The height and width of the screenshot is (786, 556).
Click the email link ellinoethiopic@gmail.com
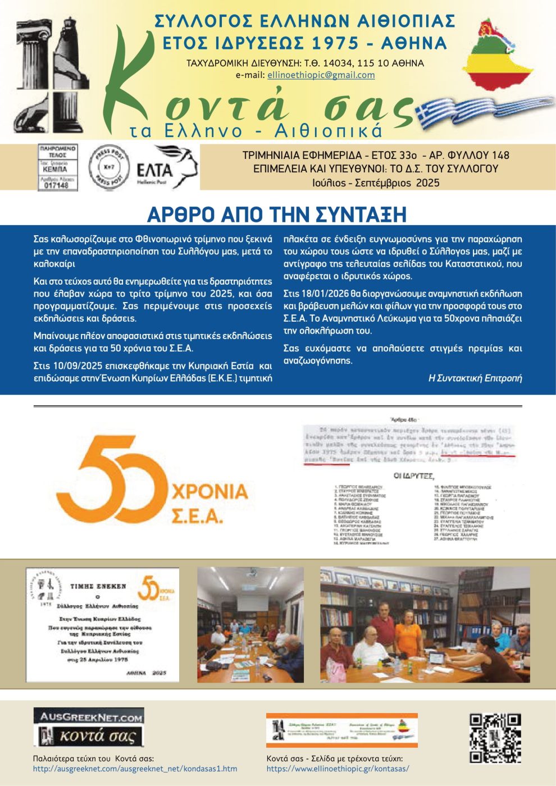point(321,75)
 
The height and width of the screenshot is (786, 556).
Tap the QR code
point(495,738)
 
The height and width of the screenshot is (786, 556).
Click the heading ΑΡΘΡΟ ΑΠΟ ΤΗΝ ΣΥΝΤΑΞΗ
point(277,214)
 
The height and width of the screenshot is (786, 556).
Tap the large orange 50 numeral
point(112,478)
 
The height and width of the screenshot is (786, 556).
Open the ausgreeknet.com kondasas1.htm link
point(135,769)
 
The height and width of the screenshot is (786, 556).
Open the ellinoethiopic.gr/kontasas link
point(338,769)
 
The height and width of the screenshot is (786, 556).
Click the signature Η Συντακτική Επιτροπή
point(475,378)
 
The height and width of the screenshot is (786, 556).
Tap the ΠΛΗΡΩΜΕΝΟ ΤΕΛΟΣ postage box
point(58,167)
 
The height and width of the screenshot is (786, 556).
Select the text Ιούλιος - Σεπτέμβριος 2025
point(376,182)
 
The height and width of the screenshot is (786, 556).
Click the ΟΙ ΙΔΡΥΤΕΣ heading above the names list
point(413,476)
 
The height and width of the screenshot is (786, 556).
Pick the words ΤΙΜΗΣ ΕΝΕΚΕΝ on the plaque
point(98,586)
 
